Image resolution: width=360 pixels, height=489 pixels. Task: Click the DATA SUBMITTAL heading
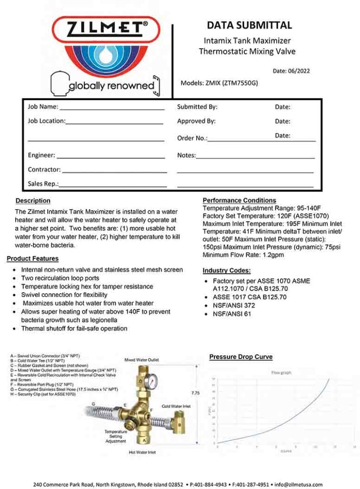click(249, 25)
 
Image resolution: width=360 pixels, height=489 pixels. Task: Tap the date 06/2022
click(291, 71)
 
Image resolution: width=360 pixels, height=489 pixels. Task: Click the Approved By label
click(196, 121)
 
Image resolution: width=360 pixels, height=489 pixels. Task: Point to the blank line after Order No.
click(262, 140)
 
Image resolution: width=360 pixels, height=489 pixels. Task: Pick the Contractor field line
click(114, 171)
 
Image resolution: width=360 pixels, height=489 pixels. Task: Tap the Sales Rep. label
click(43, 183)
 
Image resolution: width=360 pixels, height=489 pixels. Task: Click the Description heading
click(33, 201)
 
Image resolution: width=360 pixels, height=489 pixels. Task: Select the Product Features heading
click(32, 258)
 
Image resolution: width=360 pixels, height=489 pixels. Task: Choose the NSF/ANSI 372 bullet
click(234, 305)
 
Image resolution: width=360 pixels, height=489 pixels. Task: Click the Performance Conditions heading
click(239, 200)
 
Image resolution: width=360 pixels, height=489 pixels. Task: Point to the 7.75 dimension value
click(195, 393)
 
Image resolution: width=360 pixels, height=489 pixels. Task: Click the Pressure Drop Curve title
click(241, 357)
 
